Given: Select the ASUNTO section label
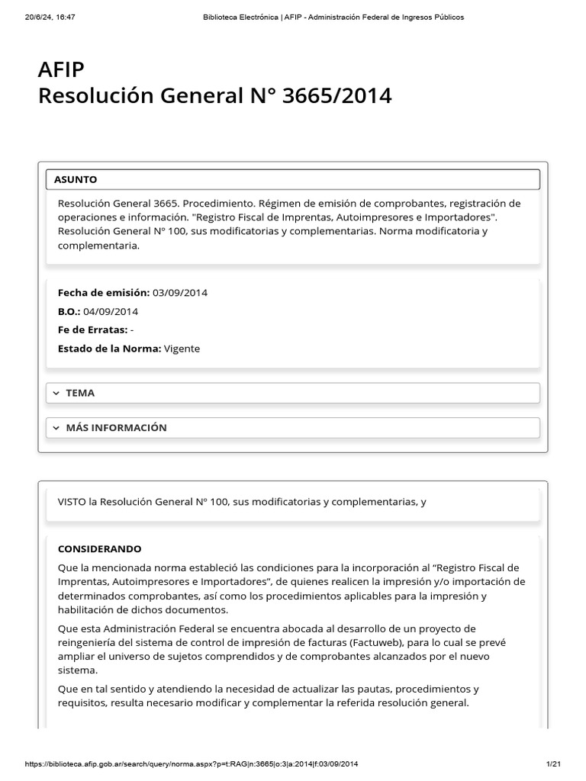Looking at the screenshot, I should tap(76, 179).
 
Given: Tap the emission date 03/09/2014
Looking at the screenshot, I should tap(180, 292).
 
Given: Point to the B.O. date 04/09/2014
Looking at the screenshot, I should tap(111, 311).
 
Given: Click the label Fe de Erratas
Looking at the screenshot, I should tap(92, 329).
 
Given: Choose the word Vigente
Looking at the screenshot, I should tap(182, 349).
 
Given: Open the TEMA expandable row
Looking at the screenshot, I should tap(80, 393).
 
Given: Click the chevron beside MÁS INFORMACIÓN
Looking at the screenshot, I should tap(56, 428).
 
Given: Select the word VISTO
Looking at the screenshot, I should tap(72, 502).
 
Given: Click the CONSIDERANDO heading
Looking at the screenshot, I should tap(99, 549).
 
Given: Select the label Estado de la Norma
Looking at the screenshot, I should tap(109, 349).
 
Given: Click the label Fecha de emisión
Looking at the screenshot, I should tap(104, 292).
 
